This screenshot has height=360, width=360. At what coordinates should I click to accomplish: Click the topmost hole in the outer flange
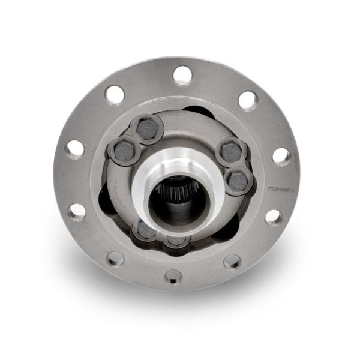(x=182, y=75)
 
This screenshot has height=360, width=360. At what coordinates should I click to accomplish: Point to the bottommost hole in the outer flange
(x=173, y=277)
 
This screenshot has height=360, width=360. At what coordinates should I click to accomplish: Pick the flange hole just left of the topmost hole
(x=114, y=94)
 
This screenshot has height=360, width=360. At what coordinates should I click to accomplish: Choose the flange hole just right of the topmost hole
(x=248, y=100)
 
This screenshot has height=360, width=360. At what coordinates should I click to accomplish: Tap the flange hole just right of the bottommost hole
(x=232, y=262)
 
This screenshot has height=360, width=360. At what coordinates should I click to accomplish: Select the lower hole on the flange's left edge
(x=77, y=211)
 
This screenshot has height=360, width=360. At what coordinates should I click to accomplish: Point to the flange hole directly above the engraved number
(x=281, y=156)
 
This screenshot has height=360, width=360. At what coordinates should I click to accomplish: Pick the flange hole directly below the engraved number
(x=274, y=216)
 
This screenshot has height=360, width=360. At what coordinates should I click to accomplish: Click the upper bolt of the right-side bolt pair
(x=231, y=152)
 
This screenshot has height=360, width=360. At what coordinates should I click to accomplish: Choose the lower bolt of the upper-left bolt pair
(x=124, y=148)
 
